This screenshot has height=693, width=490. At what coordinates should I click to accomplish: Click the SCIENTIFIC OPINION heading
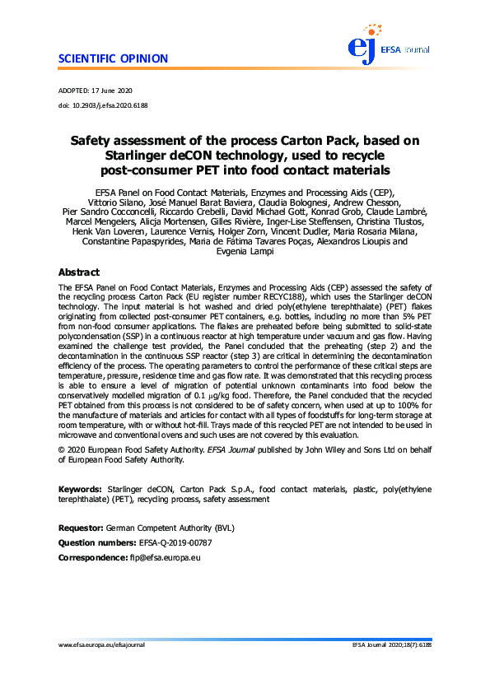114,59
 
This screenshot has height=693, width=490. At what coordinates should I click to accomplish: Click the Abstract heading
79,272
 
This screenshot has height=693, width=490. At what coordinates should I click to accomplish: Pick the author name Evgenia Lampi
245,254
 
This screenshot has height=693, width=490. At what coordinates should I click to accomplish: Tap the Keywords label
81,490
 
